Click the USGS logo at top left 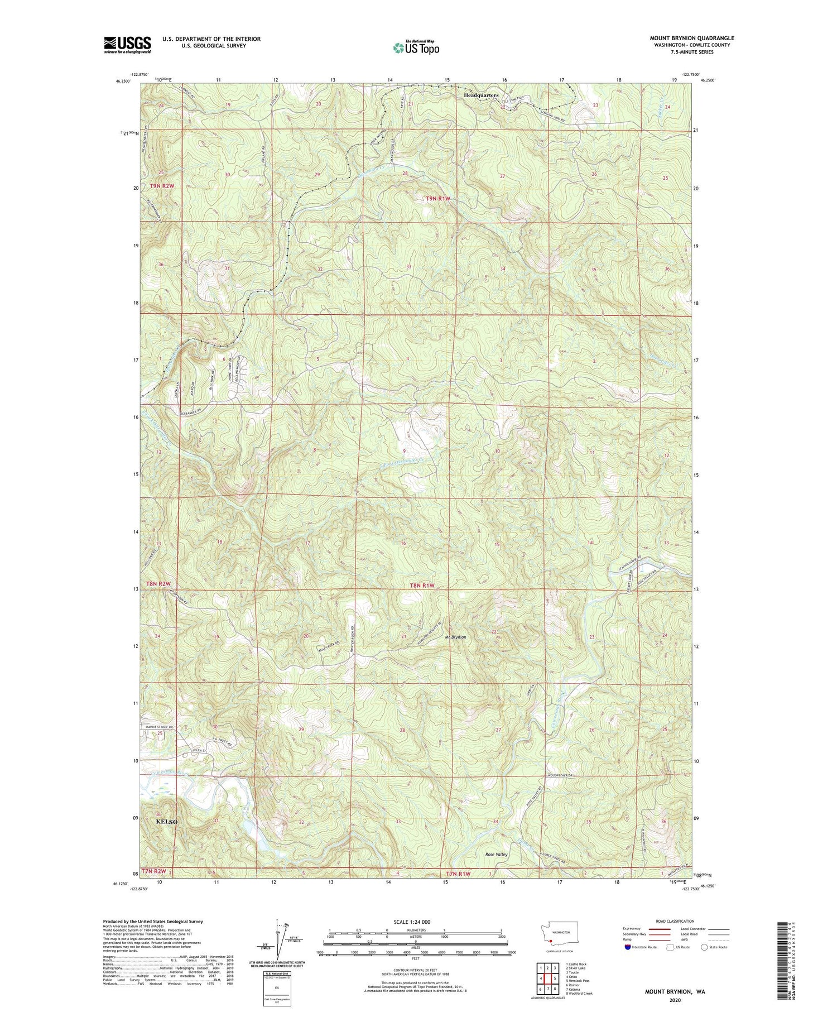pyautogui.click(x=127, y=45)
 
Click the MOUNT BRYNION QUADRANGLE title pyautogui.click(x=692, y=38)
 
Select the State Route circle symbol pyautogui.click(x=705, y=947)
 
